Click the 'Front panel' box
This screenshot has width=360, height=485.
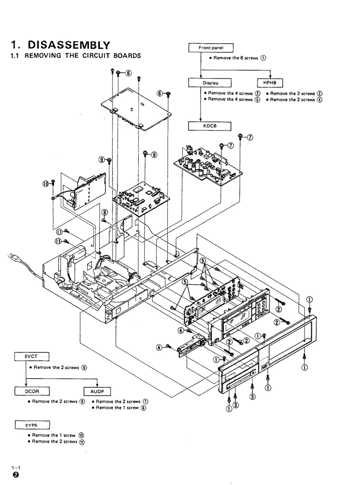click(211, 48)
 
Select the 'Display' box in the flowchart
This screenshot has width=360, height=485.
click(210, 83)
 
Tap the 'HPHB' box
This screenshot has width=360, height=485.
click(270, 83)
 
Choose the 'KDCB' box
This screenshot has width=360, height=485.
click(210, 126)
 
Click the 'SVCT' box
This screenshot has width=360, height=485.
click(32, 357)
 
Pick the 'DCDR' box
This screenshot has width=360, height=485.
click(32, 391)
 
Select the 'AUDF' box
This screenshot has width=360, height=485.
click(97, 391)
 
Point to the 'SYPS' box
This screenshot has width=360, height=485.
click(32, 425)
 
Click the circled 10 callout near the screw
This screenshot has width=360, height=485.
click(46, 183)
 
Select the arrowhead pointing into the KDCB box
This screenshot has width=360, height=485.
click(201, 120)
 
